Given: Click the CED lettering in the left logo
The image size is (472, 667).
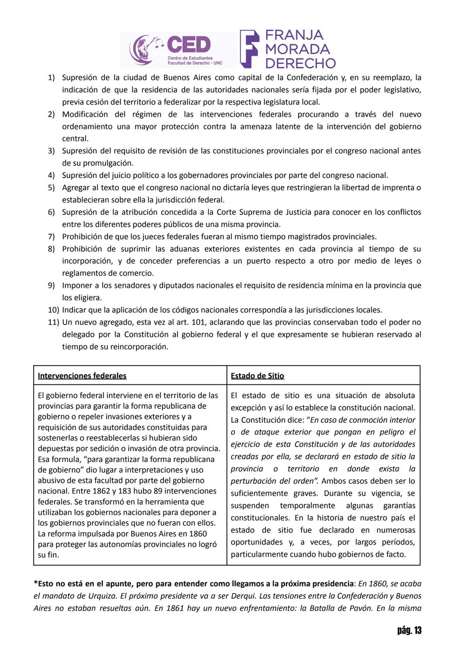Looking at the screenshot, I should [189, 45].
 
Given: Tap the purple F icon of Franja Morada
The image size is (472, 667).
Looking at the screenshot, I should [250, 49].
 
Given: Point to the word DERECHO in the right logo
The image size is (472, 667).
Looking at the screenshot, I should [300, 63].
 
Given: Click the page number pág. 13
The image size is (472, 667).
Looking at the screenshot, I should [409, 630].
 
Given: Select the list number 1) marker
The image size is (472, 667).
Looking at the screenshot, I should [52, 78].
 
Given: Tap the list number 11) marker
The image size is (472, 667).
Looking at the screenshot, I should [53, 322].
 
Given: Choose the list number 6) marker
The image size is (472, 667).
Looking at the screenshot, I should [52, 212].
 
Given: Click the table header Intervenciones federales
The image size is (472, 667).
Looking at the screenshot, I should [82, 376].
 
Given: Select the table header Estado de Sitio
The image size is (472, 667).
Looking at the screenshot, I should [257, 376].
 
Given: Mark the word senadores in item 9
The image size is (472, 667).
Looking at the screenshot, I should [133, 286].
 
